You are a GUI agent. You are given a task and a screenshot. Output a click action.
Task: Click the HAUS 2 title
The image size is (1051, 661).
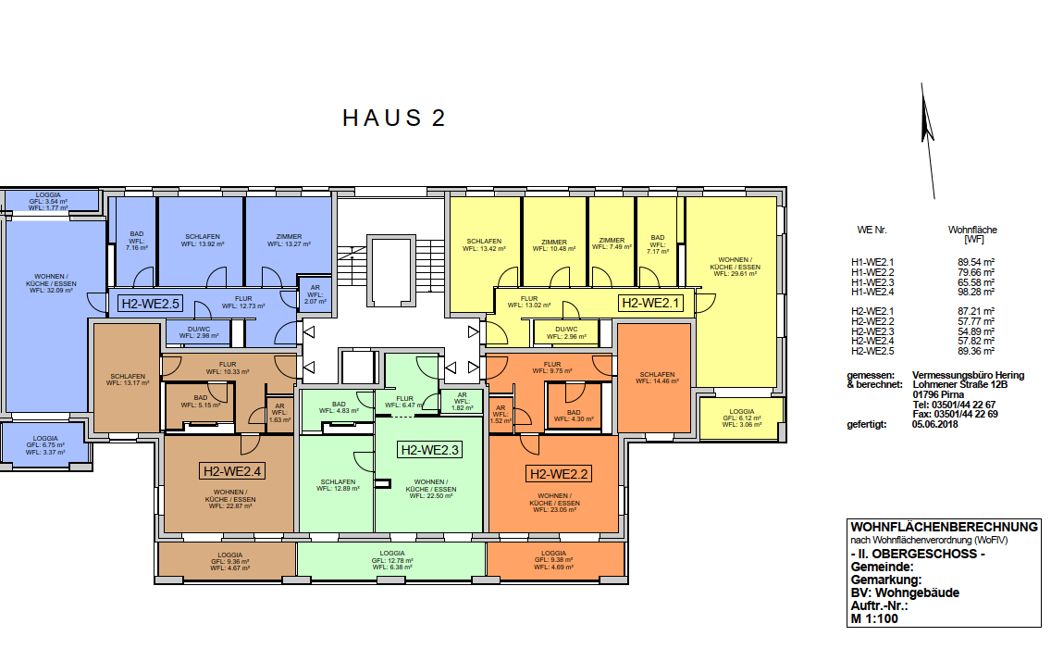point(394,118)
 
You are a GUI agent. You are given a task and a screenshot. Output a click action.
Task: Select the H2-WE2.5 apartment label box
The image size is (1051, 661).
point(150,302)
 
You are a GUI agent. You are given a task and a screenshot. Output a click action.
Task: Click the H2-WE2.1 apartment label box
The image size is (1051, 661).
point(649,302)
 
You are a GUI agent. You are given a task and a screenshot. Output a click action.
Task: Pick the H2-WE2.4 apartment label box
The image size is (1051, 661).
point(232,471)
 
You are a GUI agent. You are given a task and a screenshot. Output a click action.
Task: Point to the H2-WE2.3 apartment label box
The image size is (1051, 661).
point(429,450)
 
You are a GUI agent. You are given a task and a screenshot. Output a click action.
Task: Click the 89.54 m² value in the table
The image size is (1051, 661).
point(976,263)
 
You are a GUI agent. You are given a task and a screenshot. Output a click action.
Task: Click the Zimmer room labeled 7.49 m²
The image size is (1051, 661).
point(612,243)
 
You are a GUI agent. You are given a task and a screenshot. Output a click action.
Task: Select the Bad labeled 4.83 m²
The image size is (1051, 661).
point(339,406)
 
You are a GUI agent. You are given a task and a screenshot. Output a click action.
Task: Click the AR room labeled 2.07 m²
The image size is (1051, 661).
point(313,294)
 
